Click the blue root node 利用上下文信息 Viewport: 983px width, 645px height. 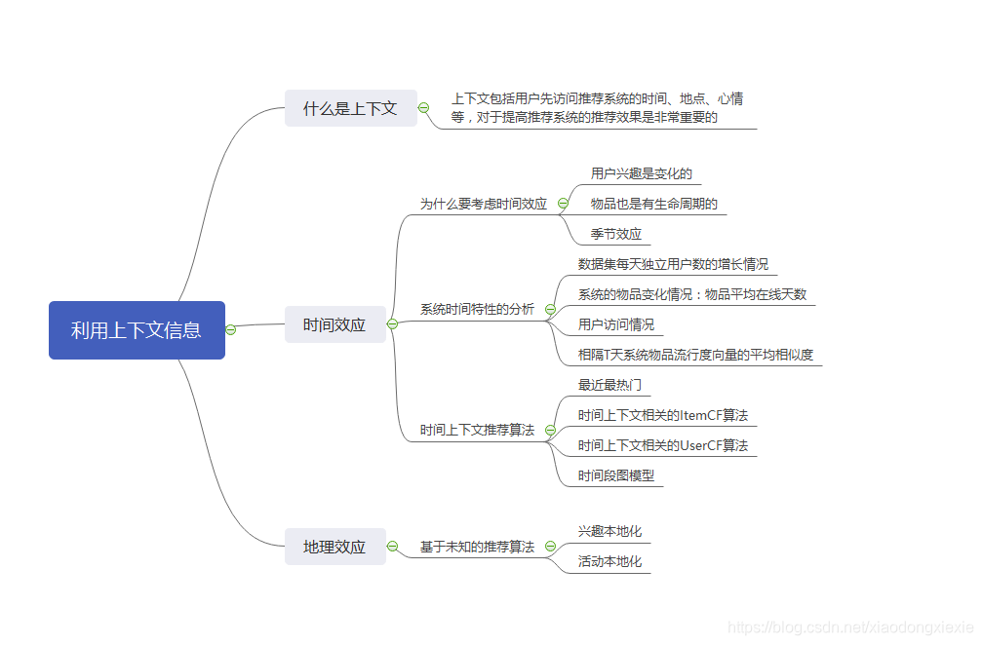137,330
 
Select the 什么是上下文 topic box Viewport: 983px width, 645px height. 350,108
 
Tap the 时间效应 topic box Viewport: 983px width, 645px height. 334,324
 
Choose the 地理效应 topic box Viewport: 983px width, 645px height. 334,547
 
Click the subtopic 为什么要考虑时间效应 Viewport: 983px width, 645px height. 483,204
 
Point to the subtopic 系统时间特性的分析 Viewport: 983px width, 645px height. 477,309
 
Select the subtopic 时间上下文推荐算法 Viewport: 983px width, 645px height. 477,430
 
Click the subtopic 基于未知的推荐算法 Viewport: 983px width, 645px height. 477,547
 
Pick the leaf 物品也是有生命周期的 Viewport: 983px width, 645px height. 653,204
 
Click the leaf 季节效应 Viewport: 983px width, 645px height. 616,234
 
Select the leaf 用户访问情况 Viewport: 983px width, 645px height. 616,324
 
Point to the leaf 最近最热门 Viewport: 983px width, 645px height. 609,385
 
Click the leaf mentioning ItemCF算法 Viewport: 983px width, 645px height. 663,415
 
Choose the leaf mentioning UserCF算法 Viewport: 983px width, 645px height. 663,445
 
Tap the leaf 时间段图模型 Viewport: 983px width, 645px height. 616,475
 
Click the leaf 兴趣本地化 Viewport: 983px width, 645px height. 609,531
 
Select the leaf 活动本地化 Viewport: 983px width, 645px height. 609,561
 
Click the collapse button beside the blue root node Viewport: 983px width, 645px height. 231,330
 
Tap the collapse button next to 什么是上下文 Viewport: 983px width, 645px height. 423,108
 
